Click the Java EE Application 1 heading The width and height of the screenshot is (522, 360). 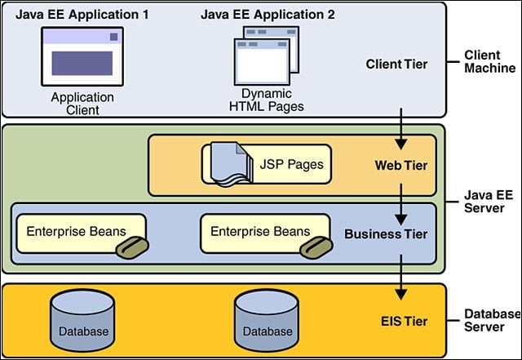coord(82,15)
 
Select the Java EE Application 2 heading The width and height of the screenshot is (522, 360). coord(268,15)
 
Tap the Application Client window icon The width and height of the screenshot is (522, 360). coord(82,56)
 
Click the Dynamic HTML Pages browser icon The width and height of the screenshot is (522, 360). coord(267,56)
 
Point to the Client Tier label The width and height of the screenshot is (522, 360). coord(396,64)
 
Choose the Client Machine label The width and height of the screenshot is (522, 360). coord(489,61)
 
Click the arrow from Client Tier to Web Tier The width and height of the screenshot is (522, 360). coord(401,129)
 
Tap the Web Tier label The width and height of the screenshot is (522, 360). coord(400,166)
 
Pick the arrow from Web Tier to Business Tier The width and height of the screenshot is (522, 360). coord(401,204)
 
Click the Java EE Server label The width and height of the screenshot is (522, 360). coord(489,202)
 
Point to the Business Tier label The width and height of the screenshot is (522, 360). coord(386,234)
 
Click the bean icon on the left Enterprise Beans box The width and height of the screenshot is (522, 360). coord(132,247)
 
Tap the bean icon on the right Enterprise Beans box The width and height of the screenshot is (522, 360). coord(316,247)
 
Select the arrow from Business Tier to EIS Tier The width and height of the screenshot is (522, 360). coord(401,278)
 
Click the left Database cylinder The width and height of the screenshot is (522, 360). coord(83,320)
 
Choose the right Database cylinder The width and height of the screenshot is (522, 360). coord(267,320)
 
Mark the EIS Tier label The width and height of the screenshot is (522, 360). coord(405,322)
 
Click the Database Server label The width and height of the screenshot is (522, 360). coord(492,320)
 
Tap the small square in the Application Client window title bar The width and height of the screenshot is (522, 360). coord(114,37)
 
